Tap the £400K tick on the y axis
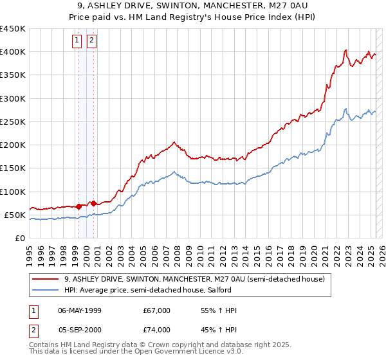(13, 52)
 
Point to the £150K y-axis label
(13, 168)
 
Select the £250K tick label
(13, 122)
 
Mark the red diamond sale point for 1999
(78, 206)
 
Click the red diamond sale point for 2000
(94, 203)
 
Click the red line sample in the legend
(46, 279)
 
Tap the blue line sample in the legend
(46, 290)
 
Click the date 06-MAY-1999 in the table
(80, 310)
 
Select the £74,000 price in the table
(157, 330)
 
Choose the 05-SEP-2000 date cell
(80, 330)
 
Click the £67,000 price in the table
(157, 310)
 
